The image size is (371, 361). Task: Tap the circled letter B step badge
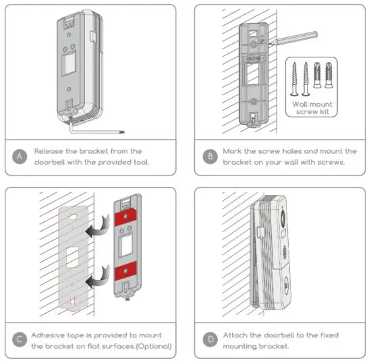(x=211, y=157)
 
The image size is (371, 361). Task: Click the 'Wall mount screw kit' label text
(x=311, y=107)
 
